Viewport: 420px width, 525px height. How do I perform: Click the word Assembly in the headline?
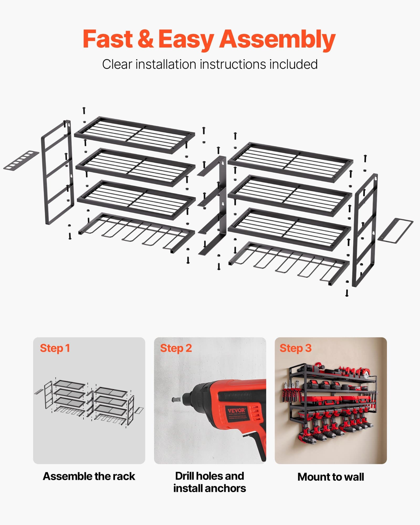(277, 39)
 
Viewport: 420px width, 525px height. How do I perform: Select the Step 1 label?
(55, 348)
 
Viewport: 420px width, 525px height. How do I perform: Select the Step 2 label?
(176, 348)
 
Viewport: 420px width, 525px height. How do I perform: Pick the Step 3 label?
(295, 348)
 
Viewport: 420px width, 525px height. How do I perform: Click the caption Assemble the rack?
(89, 476)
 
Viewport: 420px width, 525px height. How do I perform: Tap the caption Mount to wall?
(331, 477)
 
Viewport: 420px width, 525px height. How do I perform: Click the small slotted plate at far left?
(21, 160)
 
